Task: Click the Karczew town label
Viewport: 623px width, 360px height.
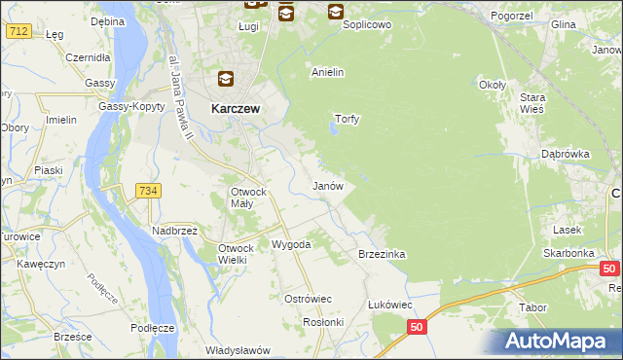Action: click(x=235, y=110)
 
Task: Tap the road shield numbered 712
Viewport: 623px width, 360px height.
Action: click(x=18, y=31)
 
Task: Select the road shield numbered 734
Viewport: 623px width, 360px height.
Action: click(x=147, y=191)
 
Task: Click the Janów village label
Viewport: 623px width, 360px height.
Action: click(x=327, y=185)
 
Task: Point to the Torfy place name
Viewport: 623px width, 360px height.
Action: click(x=348, y=120)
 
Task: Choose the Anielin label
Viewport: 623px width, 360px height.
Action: click(x=328, y=73)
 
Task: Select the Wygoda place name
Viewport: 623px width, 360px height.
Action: click(x=290, y=244)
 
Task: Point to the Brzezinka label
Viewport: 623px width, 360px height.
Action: click(x=382, y=254)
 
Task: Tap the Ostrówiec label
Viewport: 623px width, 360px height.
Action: click(x=308, y=299)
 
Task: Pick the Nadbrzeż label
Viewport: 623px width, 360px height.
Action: click(x=174, y=231)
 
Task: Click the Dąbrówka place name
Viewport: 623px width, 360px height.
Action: click(x=567, y=154)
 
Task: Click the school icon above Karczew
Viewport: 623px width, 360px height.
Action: click(x=225, y=80)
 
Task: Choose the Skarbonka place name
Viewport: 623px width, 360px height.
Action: click(x=569, y=253)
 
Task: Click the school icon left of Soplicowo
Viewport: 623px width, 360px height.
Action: click(x=336, y=12)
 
